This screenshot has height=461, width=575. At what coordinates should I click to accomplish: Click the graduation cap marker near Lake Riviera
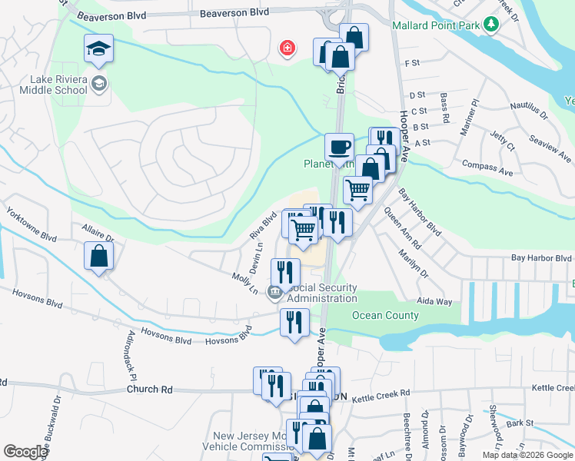click(98, 51)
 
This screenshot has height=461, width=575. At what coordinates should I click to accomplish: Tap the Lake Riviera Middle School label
click(58, 85)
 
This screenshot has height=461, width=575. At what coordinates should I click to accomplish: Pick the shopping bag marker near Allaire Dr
click(99, 257)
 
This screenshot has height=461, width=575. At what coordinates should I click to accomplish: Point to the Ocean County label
click(385, 315)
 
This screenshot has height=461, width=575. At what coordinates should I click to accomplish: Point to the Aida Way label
click(434, 302)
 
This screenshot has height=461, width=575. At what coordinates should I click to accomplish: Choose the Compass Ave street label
click(487, 168)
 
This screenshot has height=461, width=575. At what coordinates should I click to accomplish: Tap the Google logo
click(25, 452)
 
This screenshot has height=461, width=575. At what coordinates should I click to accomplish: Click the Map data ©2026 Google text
click(527, 455)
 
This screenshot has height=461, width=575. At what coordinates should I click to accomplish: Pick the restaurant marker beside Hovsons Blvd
click(294, 323)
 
